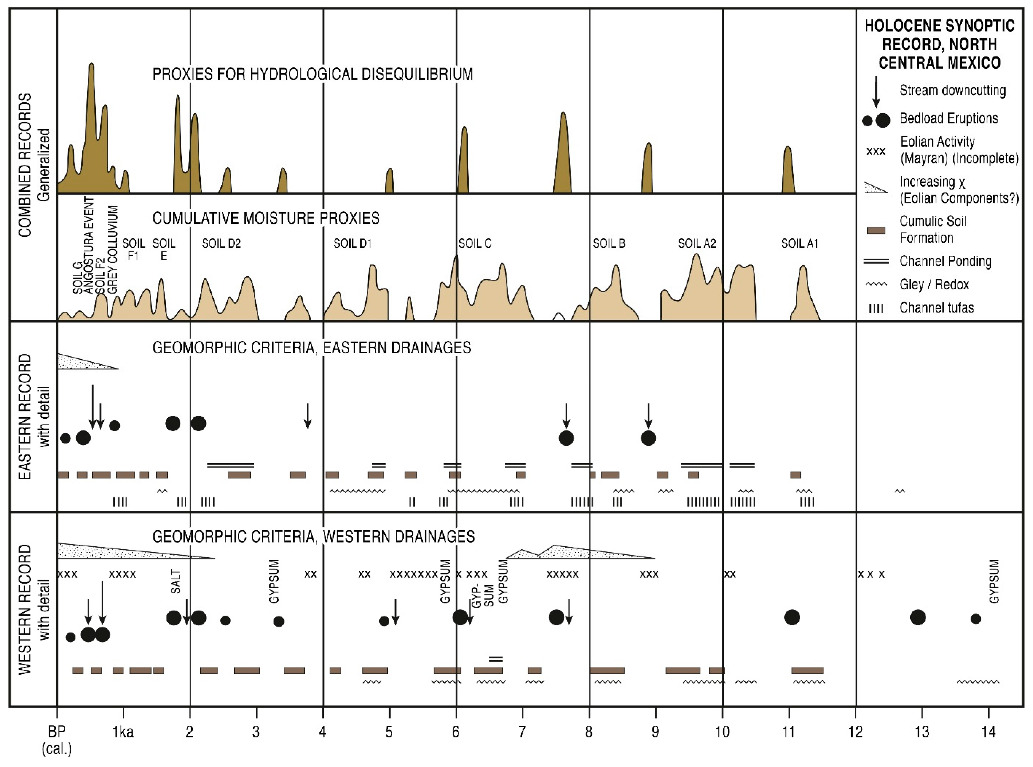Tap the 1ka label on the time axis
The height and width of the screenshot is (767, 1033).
point(123,732)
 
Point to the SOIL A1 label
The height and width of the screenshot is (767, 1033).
point(799,243)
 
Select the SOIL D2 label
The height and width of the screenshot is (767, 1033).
point(221,243)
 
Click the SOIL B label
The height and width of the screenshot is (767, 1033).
point(609,243)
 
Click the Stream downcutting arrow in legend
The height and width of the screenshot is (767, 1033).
point(876,91)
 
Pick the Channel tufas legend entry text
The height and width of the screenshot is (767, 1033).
point(936,307)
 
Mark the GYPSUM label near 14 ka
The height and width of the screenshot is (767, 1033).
point(994,581)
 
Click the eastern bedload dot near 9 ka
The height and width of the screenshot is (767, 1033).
point(648,438)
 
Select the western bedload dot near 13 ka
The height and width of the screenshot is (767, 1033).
point(918,617)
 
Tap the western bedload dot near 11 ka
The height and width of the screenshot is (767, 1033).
point(792,617)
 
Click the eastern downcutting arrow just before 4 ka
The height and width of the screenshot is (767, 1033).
point(307,416)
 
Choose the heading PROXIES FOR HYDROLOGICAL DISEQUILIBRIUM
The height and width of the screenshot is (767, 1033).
point(312,74)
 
